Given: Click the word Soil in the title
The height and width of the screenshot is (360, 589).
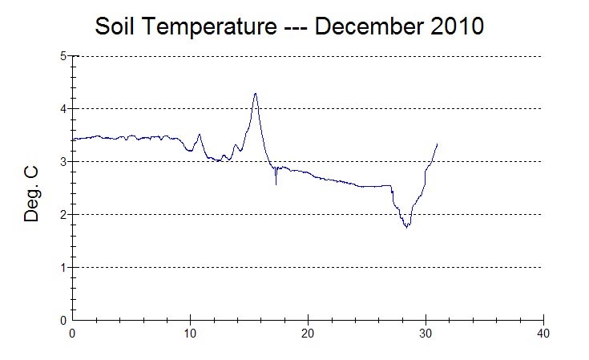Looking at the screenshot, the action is point(114,26).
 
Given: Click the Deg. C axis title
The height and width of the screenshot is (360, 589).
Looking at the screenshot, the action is point(31,194).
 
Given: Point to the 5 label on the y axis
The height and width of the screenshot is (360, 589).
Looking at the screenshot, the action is point(63,56).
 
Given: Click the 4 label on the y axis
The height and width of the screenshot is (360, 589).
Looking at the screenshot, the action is point(63,109).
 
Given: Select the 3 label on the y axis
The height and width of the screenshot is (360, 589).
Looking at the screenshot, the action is point(63,162).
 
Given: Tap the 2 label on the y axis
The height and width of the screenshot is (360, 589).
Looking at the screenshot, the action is point(63,215).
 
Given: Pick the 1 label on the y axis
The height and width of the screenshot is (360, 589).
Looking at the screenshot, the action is point(63,268).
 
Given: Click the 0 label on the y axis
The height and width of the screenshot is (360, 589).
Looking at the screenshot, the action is point(63,321).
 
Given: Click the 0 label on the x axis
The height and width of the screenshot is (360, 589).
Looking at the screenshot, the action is point(72,334).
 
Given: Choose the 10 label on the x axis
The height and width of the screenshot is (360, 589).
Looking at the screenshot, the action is point(190,334).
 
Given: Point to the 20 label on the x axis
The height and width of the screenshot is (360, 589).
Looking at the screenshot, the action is point(308,334).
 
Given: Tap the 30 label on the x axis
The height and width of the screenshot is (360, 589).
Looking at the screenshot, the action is point(426,334).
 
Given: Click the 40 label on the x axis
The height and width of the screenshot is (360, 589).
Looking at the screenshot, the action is point(543,334).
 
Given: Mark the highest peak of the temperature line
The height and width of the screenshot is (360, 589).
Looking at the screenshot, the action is point(256,94).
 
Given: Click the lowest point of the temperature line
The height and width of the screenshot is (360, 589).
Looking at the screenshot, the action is point(407,228).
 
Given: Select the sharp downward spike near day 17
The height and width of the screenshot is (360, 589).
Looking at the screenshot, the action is point(276,184).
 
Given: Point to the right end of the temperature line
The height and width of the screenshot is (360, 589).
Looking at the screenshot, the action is point(437,144).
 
